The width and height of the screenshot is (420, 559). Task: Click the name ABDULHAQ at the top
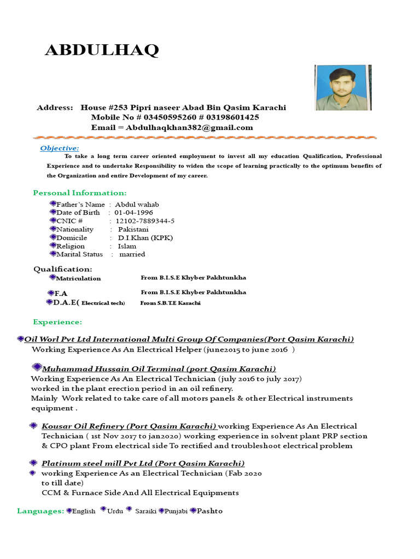pyautogui.click(x=102, y=50)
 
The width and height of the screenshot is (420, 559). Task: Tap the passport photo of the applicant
pyautogui.click(x=343, y=87)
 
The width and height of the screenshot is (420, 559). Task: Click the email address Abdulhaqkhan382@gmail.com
pyautogui.click(x=189, y=128)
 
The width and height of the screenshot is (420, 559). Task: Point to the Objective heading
pyautogui.click(x=60, y=148)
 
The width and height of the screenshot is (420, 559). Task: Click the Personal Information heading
pyautogui.click(x=80, y=193)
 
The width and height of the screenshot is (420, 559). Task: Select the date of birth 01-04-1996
pyautogui.click(x=133, y=212)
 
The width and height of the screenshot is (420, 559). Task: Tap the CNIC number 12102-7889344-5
pyautogui.click(x=145, y=221)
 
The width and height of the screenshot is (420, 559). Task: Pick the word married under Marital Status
pyautogui.click(x=132, y=254)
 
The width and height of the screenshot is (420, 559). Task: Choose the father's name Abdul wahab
pyautogui.click(x=137, y=204)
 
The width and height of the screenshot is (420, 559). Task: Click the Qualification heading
pyautogui.click(x=63, y=269)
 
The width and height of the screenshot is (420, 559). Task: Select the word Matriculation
pyautogui.click(x=78, y=278)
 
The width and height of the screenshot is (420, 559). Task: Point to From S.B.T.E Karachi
pyautogui.click(x=171, y=303)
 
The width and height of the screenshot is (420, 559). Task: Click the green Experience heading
pyautogui.click(x=57, y=322)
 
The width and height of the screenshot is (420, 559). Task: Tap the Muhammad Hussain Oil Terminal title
pyautogui.click(x=159, y=368)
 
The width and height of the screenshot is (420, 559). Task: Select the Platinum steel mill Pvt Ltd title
pyautogui.click(x=143, y=463)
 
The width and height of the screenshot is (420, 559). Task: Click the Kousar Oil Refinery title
pyautogui.click(x=129, y=426)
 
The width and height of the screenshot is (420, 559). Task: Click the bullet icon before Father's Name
pyautogui.click(x=52, y=204)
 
